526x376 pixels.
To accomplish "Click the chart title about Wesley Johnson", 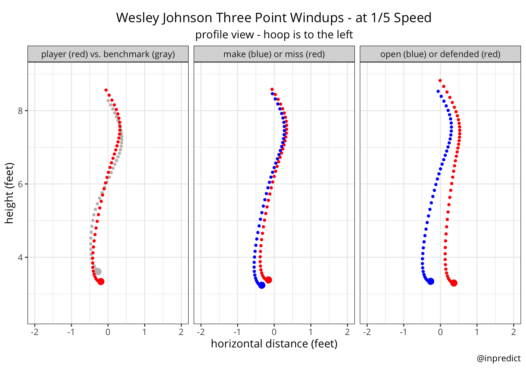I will [x=274, y=18].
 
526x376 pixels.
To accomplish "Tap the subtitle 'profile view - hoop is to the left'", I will [x=274, y=35].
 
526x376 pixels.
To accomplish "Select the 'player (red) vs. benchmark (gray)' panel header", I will [x=108, y=54].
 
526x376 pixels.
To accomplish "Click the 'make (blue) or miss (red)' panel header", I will [x=274, y=54].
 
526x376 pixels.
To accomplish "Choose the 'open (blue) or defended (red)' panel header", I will [x=440, y=54].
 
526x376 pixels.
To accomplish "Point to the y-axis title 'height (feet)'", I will [x=9, y=193].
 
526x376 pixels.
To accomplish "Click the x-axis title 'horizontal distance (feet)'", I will [x=274, y=344].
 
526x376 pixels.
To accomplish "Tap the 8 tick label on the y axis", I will [x=21, y=111].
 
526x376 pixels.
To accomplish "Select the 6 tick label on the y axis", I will [x=21, y=184].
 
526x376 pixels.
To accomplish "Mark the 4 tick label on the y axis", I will [x=21, y=258].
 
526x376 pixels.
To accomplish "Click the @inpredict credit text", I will [x=499, y=358].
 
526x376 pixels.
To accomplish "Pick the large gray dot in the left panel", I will [x=98, y=271].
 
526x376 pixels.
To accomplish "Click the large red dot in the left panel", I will [x=101, y=282].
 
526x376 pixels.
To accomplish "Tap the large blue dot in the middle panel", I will [x=262, y=285].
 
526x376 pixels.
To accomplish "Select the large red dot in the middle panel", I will [x=268, y=280].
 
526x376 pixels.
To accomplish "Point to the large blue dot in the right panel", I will [x=431, y=281].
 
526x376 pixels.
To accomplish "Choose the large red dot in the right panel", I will [x=454, y=283].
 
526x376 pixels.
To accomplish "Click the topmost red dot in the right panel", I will [x=440, y=80].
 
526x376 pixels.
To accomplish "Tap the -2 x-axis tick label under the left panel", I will [x=35, y=332].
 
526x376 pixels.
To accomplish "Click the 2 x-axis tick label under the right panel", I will [x=514, y=332].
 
